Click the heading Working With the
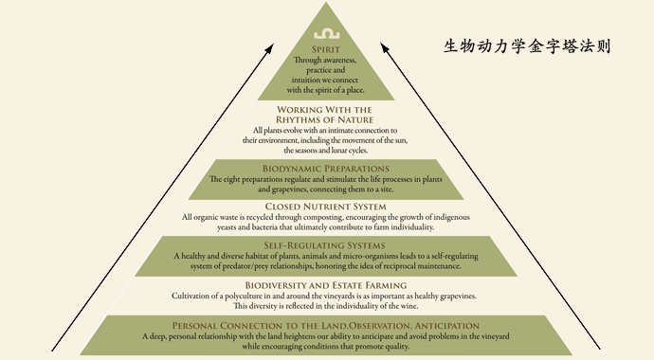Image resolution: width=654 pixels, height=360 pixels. point(326,109)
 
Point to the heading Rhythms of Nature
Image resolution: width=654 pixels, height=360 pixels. point(326,119)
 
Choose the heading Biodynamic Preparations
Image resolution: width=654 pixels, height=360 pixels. point(326,169)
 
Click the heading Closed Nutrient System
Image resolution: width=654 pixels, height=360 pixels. point(326,206)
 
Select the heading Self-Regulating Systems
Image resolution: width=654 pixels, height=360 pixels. point(326,245)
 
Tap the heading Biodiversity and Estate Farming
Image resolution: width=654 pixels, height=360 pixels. point(326,285)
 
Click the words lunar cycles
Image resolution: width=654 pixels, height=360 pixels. point(347,151)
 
